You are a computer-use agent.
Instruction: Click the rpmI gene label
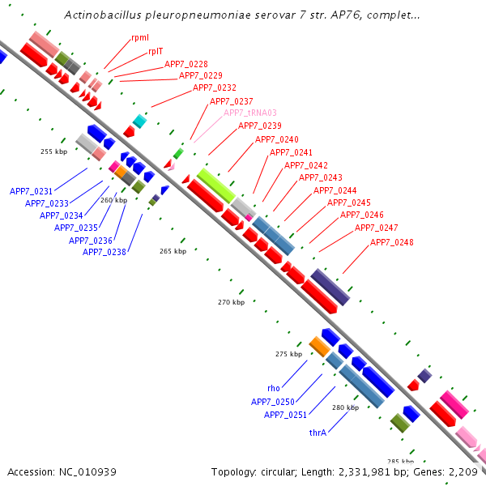point(140,37)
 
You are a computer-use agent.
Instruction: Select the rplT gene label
point(156,51)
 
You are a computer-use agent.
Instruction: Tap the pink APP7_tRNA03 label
point(250,113)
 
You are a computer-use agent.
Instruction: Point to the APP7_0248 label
point(392,242)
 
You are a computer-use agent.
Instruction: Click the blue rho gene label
point(274,388)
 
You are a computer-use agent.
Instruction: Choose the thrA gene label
point(318,433)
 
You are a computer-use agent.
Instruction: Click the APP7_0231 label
point(31,191)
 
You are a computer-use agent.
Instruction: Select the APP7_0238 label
point(104,252)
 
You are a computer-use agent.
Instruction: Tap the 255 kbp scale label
point(54,151)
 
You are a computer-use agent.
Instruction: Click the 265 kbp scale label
point(173,251)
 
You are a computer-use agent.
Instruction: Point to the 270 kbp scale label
point(231,302)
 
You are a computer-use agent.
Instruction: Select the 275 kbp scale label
point(289,354)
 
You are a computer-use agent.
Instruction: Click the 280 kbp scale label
point(346,407)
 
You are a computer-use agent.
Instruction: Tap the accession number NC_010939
point(87,472)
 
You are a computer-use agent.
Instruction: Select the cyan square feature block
point(140,121)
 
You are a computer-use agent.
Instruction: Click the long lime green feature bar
point(216,185)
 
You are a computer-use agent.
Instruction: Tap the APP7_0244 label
point(335,190)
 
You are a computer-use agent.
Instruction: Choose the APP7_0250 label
point(273,402)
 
